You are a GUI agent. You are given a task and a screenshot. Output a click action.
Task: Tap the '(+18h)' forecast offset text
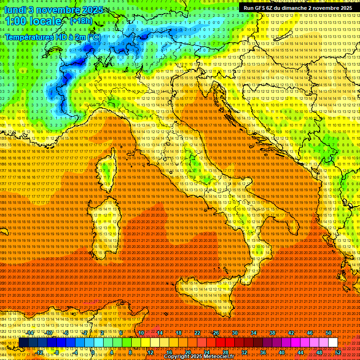tap(81, 21)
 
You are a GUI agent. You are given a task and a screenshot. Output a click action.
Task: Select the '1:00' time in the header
tap(15, 22)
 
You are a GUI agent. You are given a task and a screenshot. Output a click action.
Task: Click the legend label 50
tap(329, 333)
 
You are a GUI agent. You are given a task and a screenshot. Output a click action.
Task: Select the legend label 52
tap(337, 352)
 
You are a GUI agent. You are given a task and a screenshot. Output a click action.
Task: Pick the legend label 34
tap(254, 333)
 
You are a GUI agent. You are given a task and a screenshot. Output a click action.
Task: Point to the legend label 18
tap(179, 333)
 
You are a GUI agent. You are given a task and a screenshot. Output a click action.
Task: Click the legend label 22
tap(197, 333)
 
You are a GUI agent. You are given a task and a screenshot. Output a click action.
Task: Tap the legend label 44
tap(300, 352)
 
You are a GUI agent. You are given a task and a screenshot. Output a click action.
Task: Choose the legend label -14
tap(30, 333)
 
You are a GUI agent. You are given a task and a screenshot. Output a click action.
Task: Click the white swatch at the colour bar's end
tap(333, 343)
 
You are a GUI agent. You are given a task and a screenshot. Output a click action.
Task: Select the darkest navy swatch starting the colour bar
tap(23, 343)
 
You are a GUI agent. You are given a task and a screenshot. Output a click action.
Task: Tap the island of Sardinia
tap(104, 225)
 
